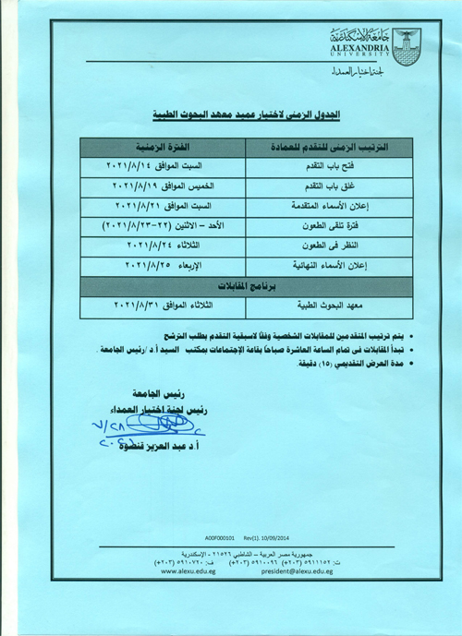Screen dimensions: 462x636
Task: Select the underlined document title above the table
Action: [x=246, y=114]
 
